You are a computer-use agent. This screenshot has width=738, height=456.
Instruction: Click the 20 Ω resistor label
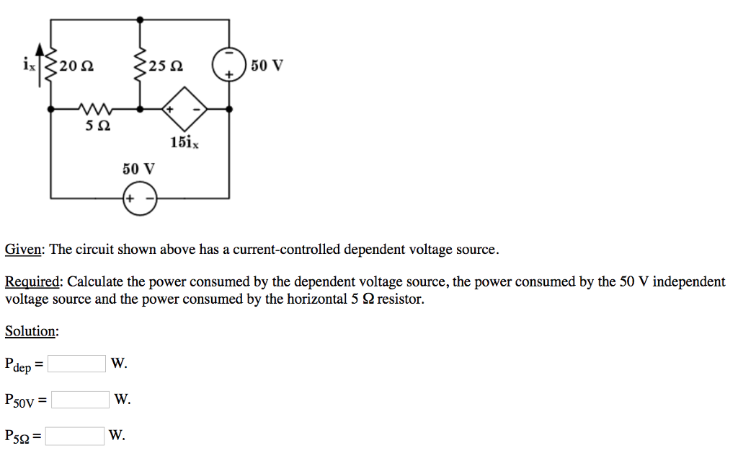pyautogui.click(x=76, y=67)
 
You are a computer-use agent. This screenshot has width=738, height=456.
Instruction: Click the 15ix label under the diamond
pyautogui.click(x=184, y=142)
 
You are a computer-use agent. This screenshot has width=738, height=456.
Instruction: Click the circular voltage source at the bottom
pyautogui.click(x=140, y=198)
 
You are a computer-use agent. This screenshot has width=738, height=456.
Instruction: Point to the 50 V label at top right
pyautogui.click(x=267, y=66)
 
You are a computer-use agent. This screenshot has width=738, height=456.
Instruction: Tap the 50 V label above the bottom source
pyautogui.click(x=138, y=170)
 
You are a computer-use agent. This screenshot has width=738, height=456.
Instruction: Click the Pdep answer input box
pyautogui.click(x=77, y=364)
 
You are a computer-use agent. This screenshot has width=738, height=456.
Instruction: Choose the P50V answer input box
pyautogui.click(x=80, y=399)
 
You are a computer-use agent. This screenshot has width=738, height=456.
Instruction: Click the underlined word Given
pyautogui.click(x=24, y=250)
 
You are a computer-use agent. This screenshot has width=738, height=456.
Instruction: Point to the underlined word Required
pyautogui.click(x=33, y=282)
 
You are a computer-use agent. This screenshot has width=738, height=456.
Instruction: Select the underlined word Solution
pyautogui.click(x=31, y=331)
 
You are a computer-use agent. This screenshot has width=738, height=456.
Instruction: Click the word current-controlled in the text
pyautogui.click(x=281, y=250)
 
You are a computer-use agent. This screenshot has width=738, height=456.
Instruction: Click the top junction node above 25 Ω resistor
pyautogui.click(x=140, y=19)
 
